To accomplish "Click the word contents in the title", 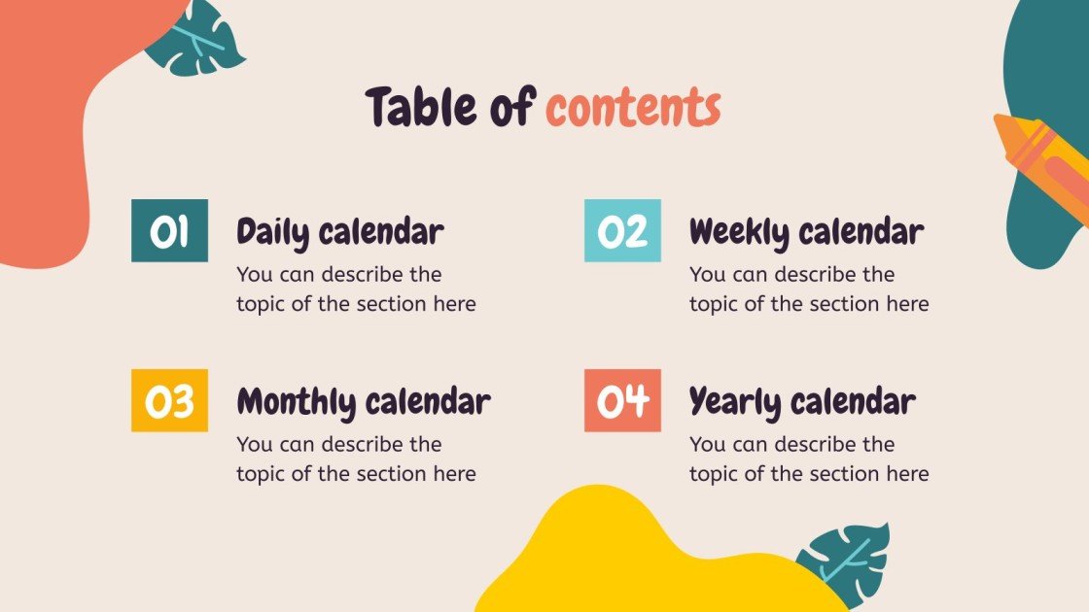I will [633, 108].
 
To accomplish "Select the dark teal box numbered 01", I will [169, 231].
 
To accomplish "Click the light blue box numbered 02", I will [622, 231].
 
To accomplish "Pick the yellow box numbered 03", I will [169, 400].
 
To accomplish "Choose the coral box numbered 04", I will [622, 400].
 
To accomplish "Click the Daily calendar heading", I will [339, 232].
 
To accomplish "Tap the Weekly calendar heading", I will [806, 232].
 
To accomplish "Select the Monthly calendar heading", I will [363, 401].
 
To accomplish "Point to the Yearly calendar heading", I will [802, 401].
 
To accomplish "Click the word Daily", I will [272, 232].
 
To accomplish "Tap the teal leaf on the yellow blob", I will [844, 562].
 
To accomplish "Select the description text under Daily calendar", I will [356, 289].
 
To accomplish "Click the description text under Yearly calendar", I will [809, 459].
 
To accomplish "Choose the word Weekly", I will [740, 232].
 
